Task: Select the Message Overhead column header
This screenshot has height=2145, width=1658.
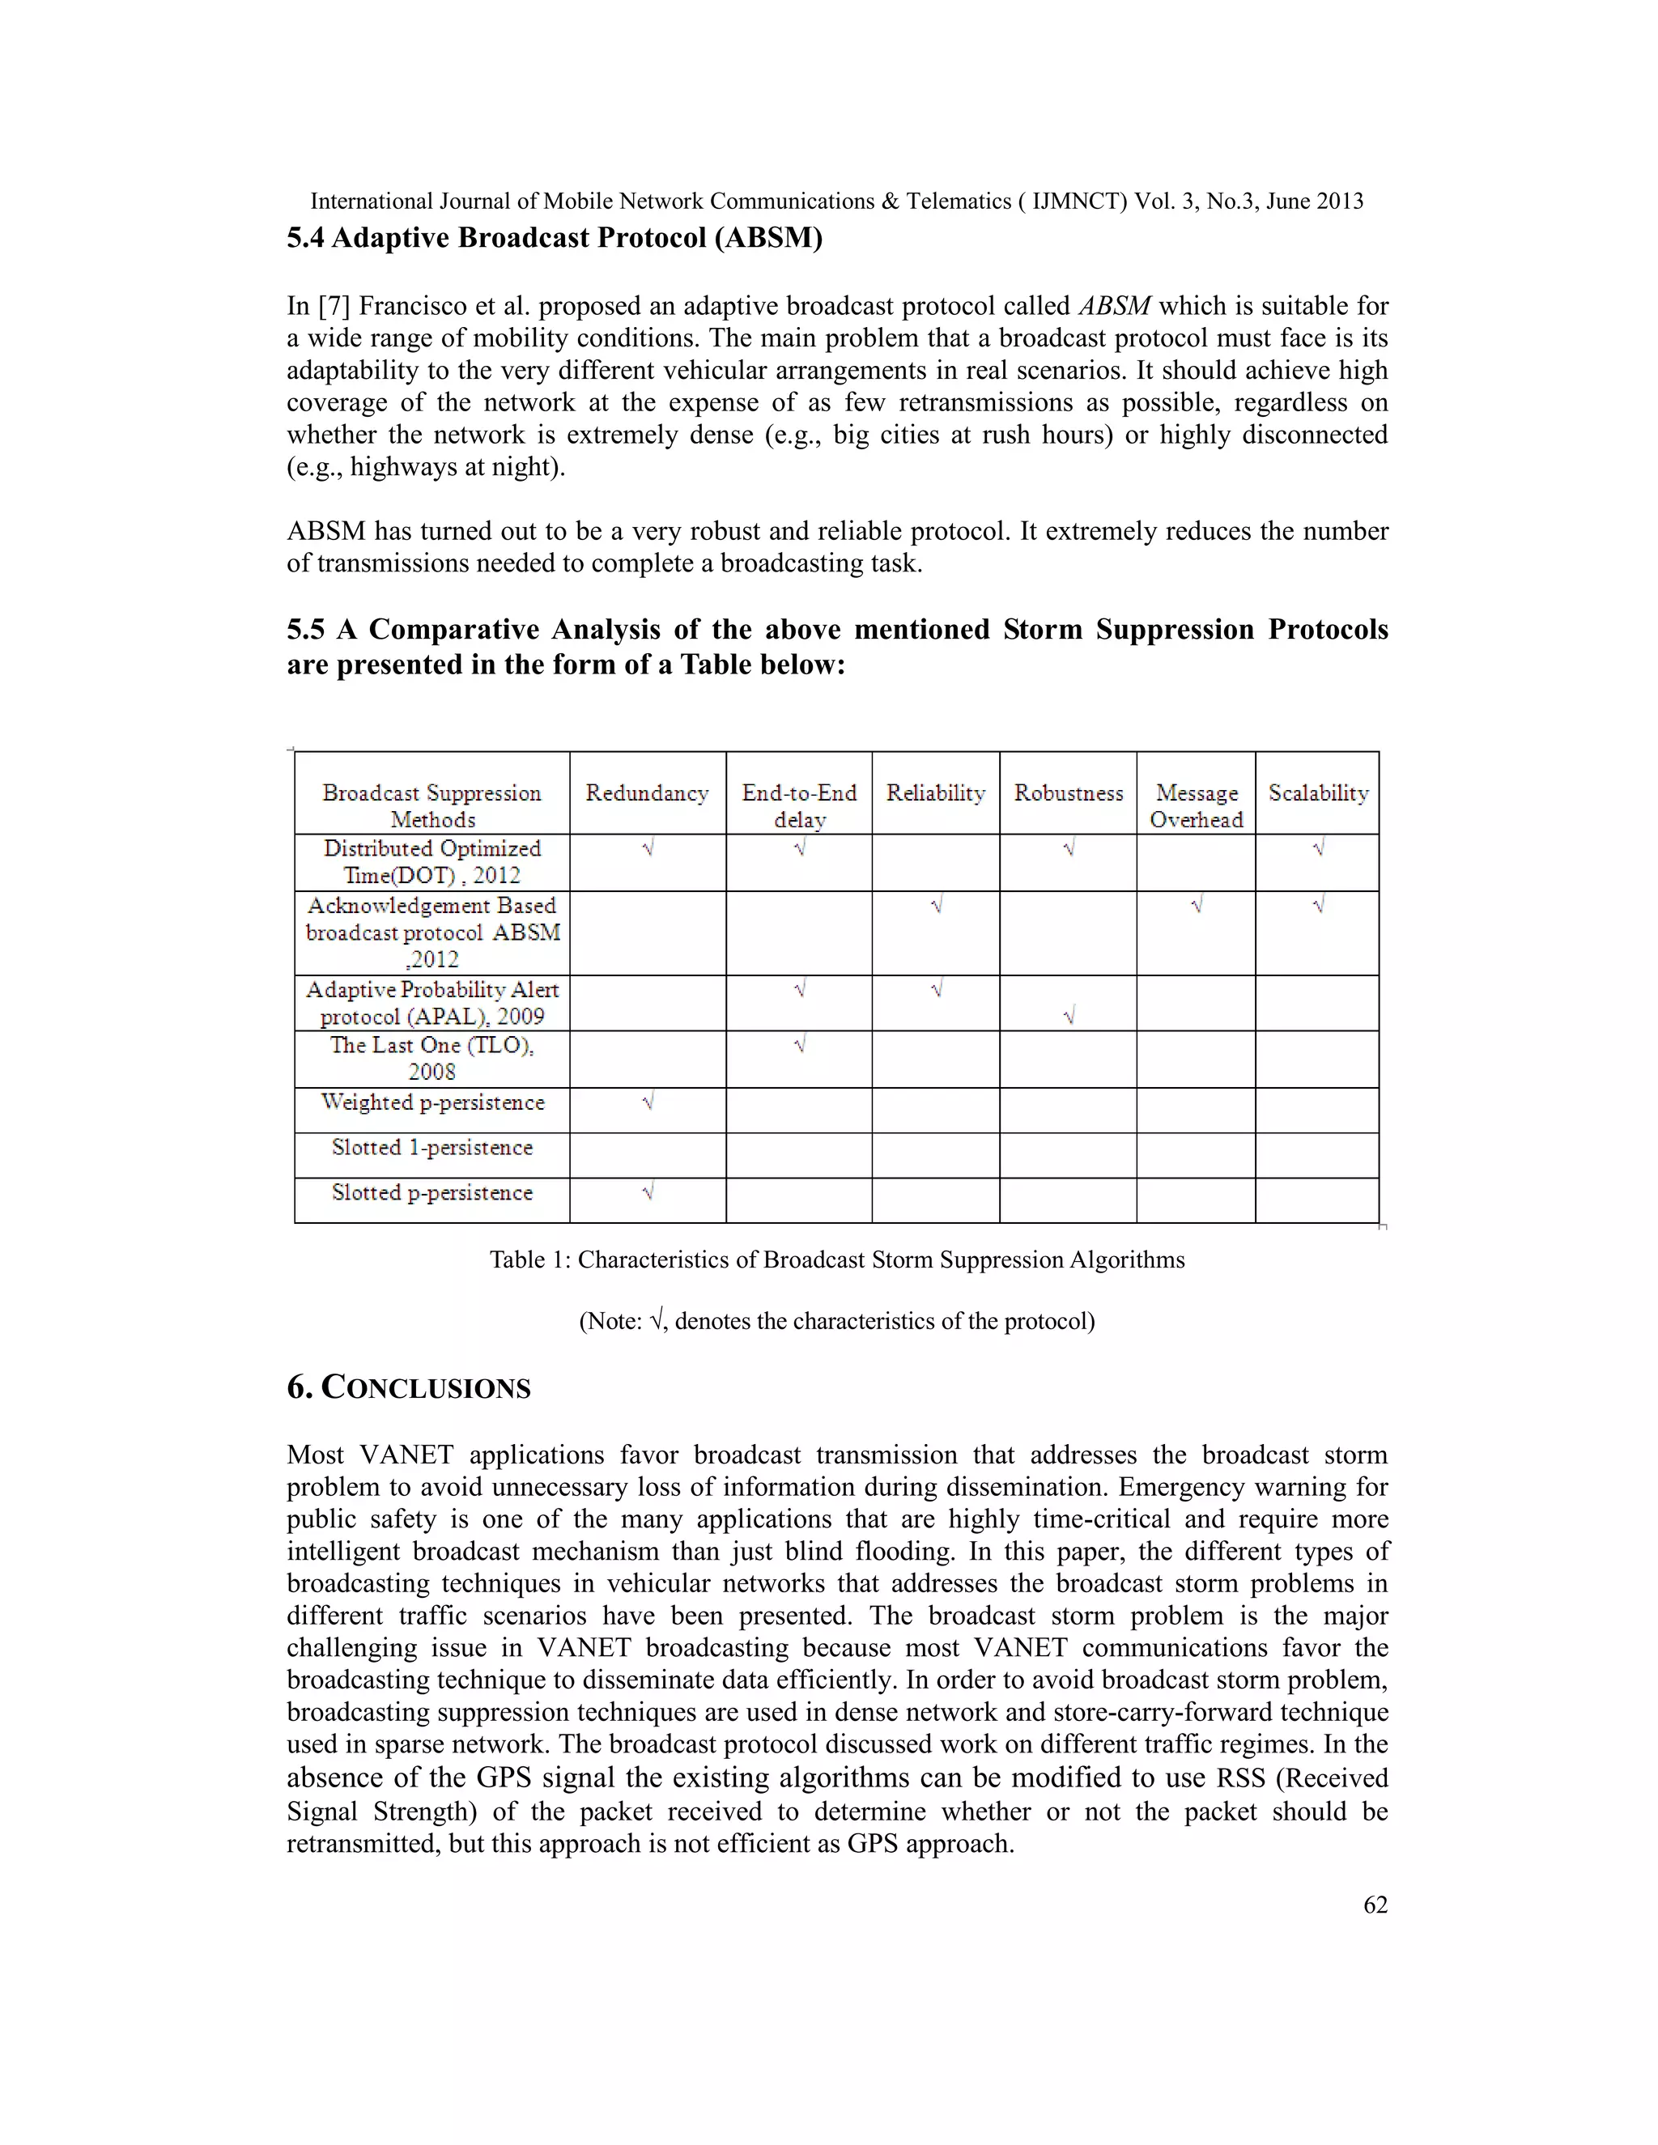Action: [x=1196, y=805]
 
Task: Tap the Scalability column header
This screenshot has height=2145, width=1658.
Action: [x=1317, y=792]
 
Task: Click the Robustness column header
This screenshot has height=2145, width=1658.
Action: [x=1068, y=792]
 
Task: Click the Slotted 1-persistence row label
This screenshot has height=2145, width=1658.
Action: [x=432, y=1147]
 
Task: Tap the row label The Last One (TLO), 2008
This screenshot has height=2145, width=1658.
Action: [x=432, y=1058]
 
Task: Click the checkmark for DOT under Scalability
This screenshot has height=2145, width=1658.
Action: [x=1317, y=847]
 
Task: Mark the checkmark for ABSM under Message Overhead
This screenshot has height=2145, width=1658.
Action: [x=1196, y=905]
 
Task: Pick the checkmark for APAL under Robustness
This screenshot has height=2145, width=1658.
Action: [x=1068, y=1017]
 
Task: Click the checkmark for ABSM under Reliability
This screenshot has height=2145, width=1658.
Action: [x=935, y=905]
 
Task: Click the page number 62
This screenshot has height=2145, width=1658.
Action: [x=1375, y=1905]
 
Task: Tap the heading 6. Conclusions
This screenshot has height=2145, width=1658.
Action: [x=408, y=1387]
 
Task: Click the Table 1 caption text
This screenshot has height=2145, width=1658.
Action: [x=837, y=1259]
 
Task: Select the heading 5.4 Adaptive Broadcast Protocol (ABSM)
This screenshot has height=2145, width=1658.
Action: [x=554, y=238]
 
